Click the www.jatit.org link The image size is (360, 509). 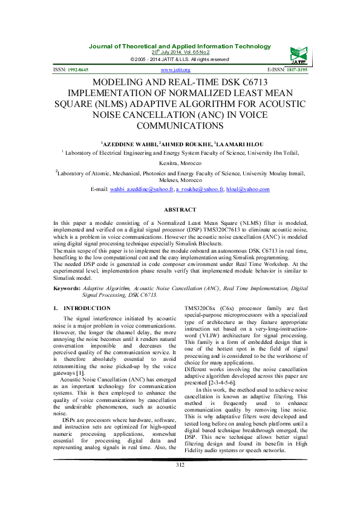(x=180, y=70)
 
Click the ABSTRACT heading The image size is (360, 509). (x=180, y=210)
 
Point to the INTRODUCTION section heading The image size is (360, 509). (x=87, y=308)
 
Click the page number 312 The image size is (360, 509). (x=180, y=481)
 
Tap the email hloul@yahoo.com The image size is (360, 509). (x=247, y=189)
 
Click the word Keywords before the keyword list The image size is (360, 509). (x=67, y=289)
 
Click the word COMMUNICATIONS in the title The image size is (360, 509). (x=180, y=126)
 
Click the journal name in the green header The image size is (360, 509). (x=180, y=47)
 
